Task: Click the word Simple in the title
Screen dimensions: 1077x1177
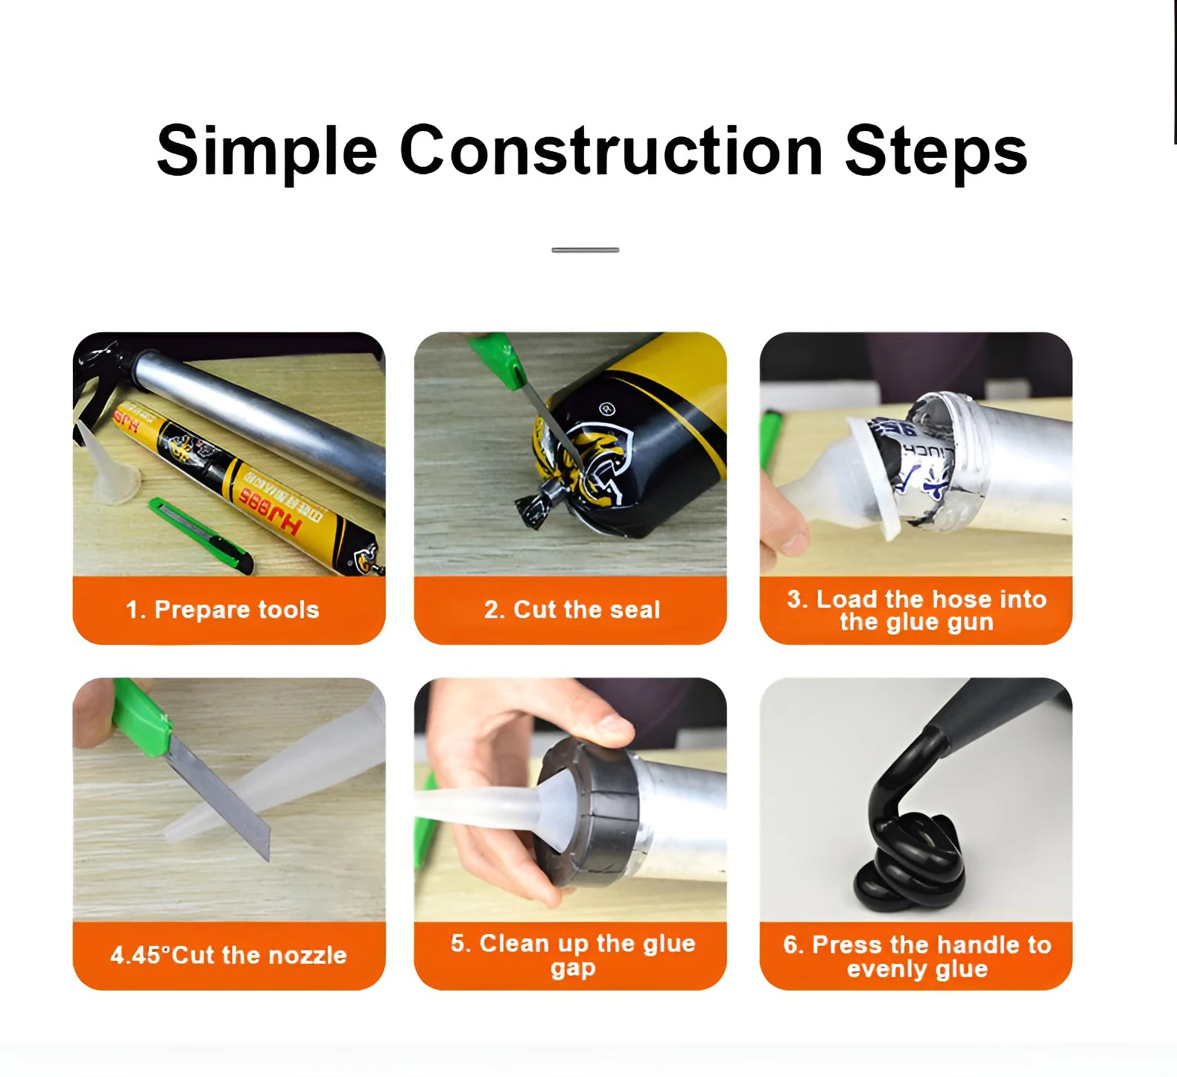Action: (267, 151)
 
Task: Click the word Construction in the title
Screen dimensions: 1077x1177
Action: (611, 151)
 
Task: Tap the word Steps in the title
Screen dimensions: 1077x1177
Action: (936, 151)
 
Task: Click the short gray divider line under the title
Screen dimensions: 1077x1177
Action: (585, 250)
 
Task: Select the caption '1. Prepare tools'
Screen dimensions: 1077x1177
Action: (223, 610)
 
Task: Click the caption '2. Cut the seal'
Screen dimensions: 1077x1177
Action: (571, 610)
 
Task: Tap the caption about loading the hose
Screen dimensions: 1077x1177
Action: (916, 610)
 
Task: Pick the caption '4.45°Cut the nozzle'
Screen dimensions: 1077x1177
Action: (229, 955)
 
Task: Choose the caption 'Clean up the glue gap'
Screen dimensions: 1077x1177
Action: (572, 955)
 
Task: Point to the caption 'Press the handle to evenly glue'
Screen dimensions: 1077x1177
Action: (917, 956)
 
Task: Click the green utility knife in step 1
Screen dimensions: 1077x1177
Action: (200, 534)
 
